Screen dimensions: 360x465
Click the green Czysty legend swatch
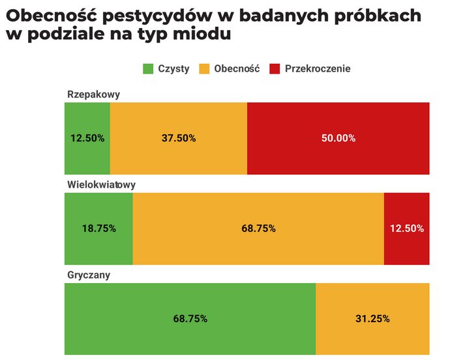click(x=148, y=68)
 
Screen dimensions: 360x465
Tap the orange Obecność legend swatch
click(x=204, y=68)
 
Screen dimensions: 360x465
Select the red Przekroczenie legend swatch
click(x=275, y=68)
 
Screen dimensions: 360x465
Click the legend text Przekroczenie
click(x=318, y=68)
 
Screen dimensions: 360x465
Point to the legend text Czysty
click(x=173, y=68)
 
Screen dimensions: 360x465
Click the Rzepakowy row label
click(x=93, y=95)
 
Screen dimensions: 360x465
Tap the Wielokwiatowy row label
click(x=101, y=185)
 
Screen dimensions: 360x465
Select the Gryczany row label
click(x=89, y=275)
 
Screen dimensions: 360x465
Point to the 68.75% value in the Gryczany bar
click(x=190, y=319)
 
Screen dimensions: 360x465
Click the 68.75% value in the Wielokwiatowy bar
click(x=258, y=228)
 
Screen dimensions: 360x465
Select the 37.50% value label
click(x=179, y=138)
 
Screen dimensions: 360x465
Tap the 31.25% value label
click(x=372, y=319)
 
